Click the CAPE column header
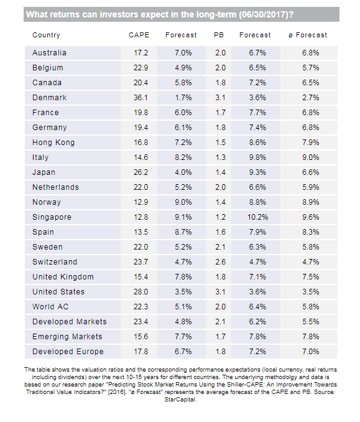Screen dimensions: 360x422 pyautogui.click(x=139, y=35)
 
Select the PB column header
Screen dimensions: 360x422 pyautogui.click(x=219, y=35)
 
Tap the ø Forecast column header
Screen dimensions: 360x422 pyautogui.click(x=308, y=35)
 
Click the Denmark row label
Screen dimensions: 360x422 pyautogui.click(x=50, y=98)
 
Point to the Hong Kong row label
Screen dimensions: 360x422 pyautogui.click(x=53, y=143)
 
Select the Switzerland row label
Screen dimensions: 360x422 pyautogui.click(x=55, y=262)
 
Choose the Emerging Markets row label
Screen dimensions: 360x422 pyautogui.click(x=68, y=337)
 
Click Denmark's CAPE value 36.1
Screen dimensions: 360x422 pyautogui.click(x=141, y=98)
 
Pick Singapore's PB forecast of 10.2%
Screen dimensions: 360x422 pyautogui.click(x=258, y=217)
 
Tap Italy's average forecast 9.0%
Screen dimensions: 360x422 pyautogui.click(x=311, y=157)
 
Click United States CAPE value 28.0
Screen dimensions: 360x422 pyautogui.click(x=141, y=292)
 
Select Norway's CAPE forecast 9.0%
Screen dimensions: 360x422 pyautogui.click(x=183, y=202)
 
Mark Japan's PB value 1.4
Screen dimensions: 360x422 pyautogui.click(x=221, y=172)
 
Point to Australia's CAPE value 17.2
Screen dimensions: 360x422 pyautogui.click(x=141, y=53)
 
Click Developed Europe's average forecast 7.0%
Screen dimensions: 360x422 pyautogui.click(x=311, y=352)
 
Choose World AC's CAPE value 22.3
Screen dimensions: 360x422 pyautogui.click(x=141, y=307)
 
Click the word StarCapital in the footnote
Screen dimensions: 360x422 pyautogui.click(x=180, y=400)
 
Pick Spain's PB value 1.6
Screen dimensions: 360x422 pyautogui.click(x=221, y=232)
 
